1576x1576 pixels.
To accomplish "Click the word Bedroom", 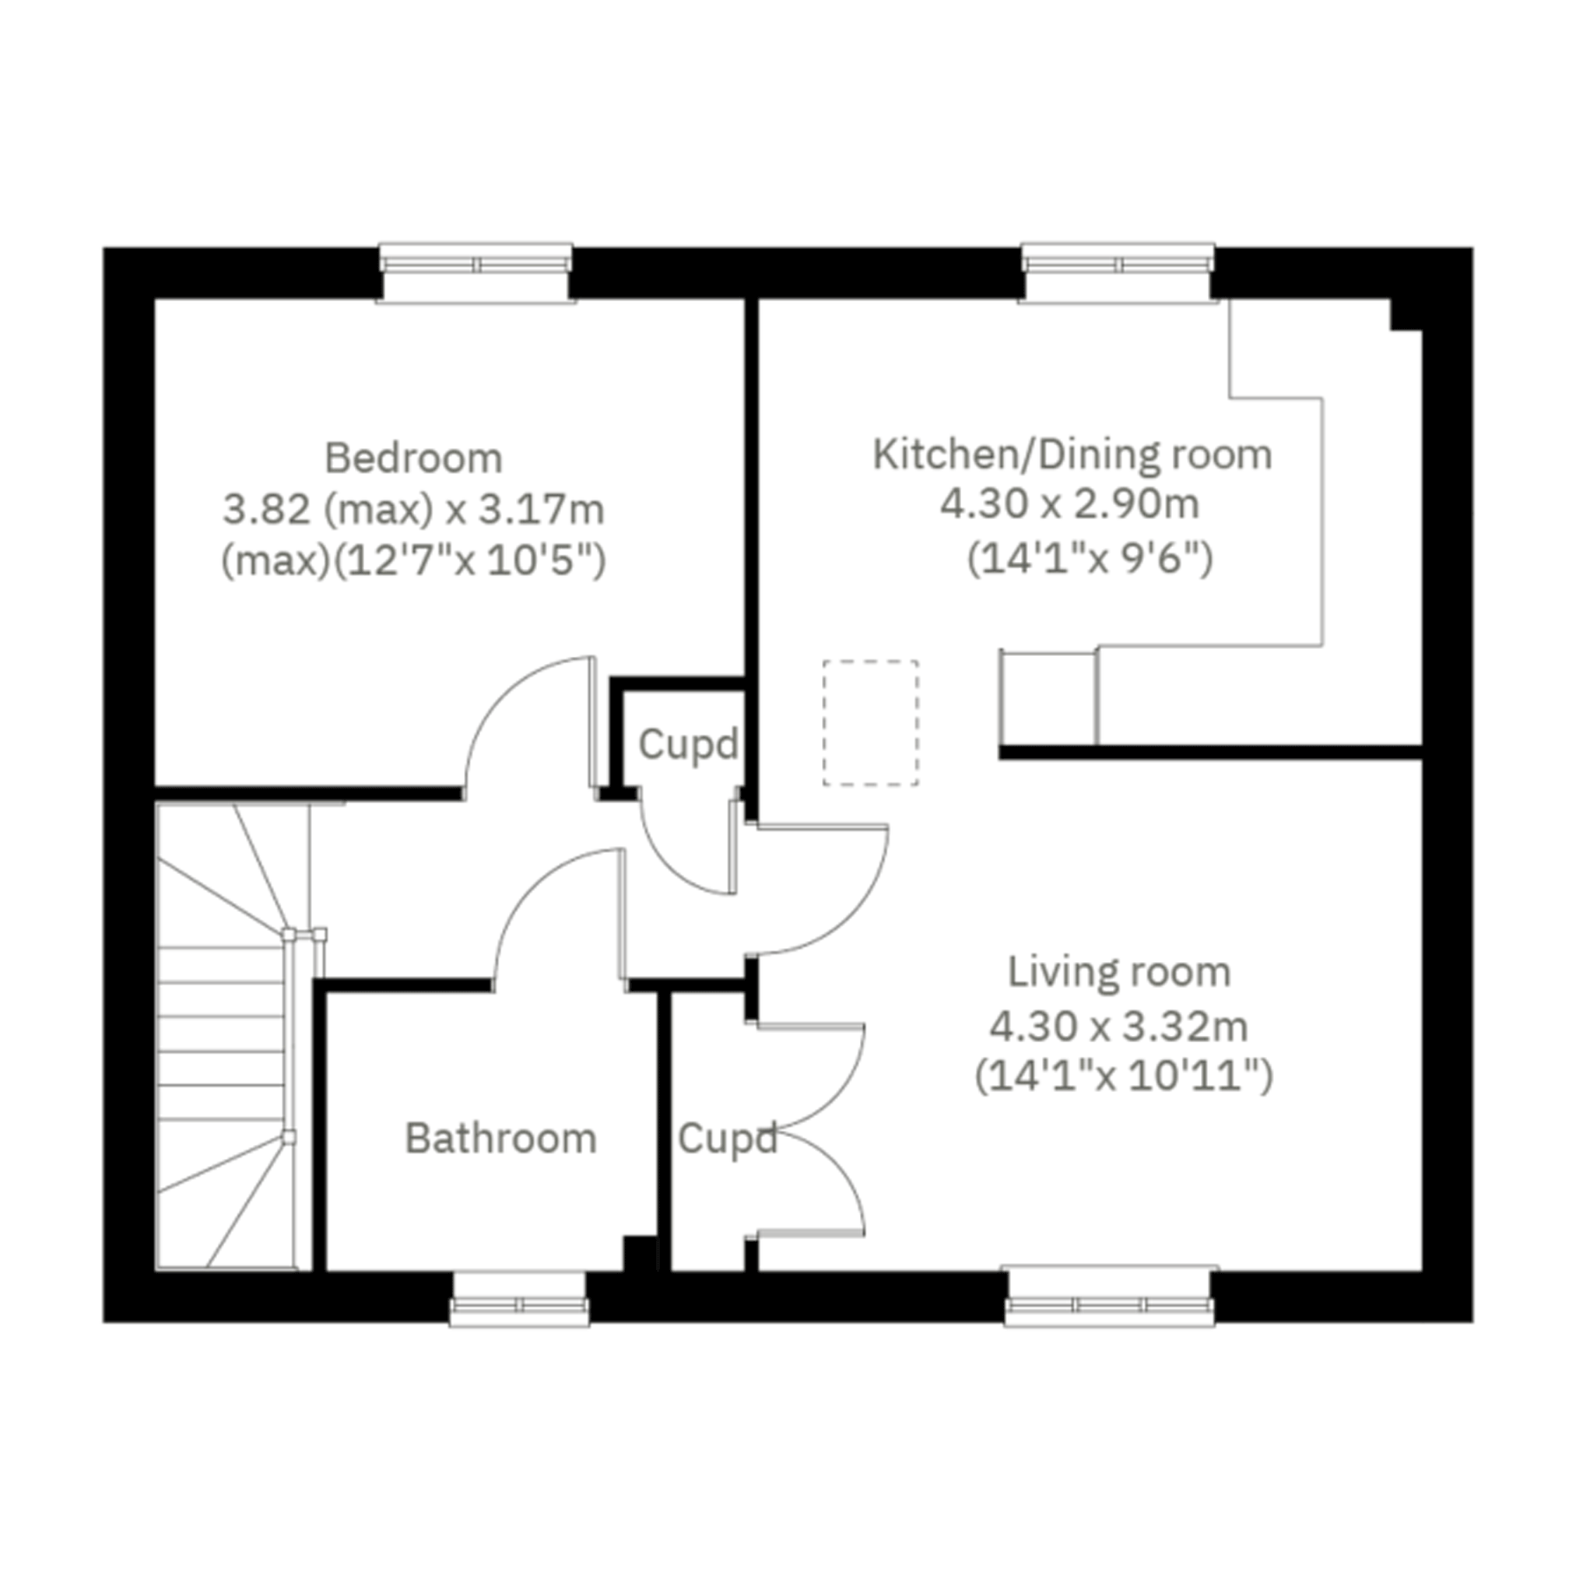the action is [x=413, y=458].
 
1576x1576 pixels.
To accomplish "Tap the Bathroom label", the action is [x=501, y=1138].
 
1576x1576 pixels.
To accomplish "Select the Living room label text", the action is [x=1119, y=973].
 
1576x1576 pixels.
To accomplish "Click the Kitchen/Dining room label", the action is [x=1072, y=455].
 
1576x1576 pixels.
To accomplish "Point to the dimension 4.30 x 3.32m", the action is [x=1119, y=1026].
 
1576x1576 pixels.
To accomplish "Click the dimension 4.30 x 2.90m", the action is [x=1070, y=505].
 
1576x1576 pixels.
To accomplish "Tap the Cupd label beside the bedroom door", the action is [x=688, y=744].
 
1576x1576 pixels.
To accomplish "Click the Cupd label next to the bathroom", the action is [x=727, y=1139].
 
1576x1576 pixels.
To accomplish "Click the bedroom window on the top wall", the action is [x=476, y=272].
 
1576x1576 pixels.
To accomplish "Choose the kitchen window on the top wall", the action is [x=1118, y=272].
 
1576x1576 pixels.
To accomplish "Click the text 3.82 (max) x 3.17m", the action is [x=413, y=511].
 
